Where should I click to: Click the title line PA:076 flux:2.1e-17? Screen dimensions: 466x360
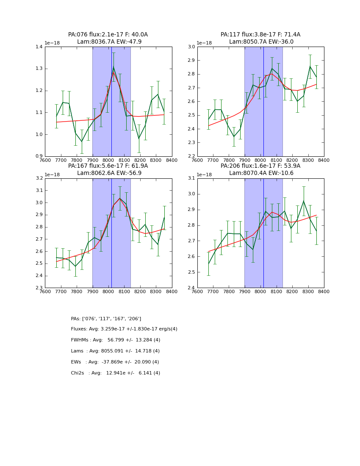point(108,35)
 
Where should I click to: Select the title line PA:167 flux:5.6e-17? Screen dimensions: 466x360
point(108,166)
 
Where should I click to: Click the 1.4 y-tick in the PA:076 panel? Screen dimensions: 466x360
point(39,47)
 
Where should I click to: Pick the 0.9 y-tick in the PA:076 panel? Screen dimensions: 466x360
point(39,156)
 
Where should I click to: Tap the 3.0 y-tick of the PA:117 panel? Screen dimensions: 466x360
point(191,47)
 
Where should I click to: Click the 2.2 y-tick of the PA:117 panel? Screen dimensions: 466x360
point(191,156)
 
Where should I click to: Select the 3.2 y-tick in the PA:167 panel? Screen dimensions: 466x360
point(39,178)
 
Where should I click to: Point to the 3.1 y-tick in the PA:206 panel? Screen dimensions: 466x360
point(191,178)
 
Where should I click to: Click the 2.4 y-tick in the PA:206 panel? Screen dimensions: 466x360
point(191,288)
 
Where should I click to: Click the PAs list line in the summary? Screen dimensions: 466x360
point(106,319)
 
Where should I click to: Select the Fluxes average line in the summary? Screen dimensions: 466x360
point(124,329)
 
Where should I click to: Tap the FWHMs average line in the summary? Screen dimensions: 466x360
point(115,340)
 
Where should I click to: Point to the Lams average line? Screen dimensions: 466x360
point(115,351)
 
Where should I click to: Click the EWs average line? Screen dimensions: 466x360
point(115,362)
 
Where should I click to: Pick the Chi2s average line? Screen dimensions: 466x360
point(115,373)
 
